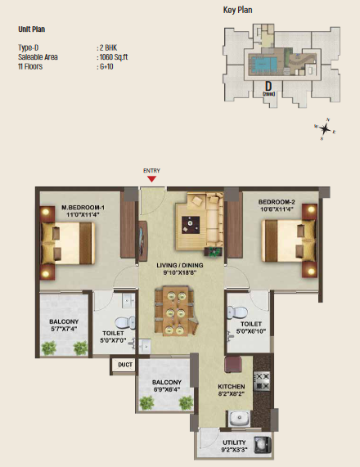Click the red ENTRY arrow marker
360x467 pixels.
pyautogui.click(x=151, y=180)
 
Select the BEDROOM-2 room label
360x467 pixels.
pyautogui.click(x=276, y=201)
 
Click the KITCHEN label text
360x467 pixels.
pyautogui.click(x=232, y=385)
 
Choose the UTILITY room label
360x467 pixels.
pyautogui.click(x=238, y=442)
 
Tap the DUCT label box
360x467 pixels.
pyautogui.click(x=124, y=365)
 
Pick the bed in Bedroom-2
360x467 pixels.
pyautogui.click(x=285, y=244)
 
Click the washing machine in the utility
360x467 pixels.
pyautogui.click(x=263, y=446)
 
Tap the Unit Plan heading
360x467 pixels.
pyautogui.click(x=32, y=29)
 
